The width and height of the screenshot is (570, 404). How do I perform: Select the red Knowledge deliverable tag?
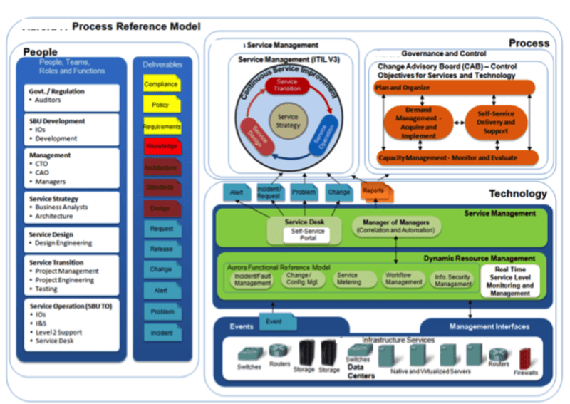coord(161,147)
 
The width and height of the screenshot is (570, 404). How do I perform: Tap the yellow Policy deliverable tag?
coord(161,105)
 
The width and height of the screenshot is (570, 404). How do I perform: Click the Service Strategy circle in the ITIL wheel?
coord(288,121)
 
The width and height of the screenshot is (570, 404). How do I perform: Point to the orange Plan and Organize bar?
coord(455,87)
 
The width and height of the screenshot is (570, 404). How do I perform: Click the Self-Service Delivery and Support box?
coord(497,123)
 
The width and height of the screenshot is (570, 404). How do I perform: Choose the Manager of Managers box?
coord(396,227)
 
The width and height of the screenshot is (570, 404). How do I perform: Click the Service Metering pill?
coord(348,279)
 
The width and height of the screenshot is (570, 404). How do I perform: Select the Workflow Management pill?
coord(403,279)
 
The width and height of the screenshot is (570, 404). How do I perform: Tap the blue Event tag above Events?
coord(274,321)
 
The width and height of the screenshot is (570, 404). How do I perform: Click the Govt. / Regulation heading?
coord(57,91)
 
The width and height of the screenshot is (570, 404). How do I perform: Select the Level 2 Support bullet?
coord(59,332)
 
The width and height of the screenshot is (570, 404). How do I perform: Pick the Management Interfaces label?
coord(488,327)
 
